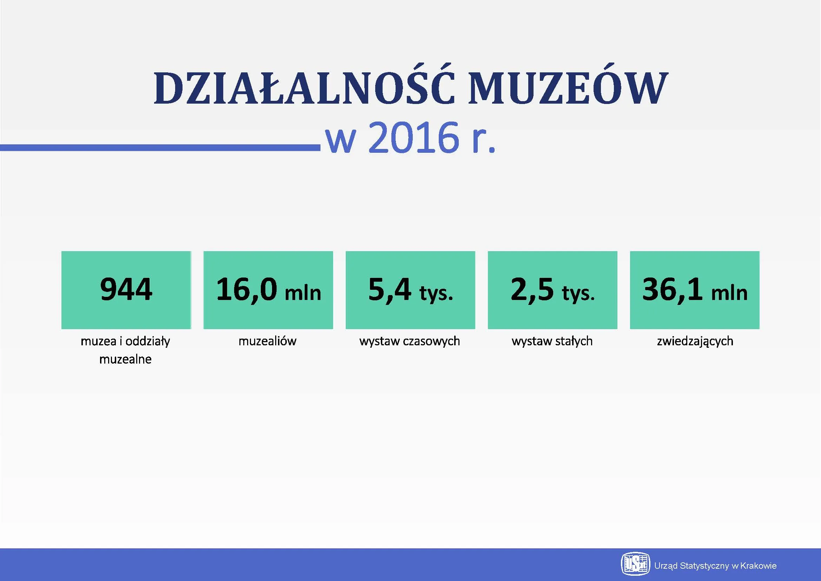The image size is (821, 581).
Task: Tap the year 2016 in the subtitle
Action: (413, 138)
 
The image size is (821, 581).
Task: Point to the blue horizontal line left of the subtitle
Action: (160, 148)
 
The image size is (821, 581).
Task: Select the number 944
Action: (126, 289)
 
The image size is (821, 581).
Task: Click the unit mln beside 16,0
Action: (303, 293)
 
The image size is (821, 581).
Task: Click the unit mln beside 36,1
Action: (729, 293)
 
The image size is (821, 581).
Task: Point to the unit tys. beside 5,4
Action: (436, 294)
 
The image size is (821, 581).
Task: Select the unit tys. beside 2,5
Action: (578, 294)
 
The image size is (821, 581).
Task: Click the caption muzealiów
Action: (267, 341)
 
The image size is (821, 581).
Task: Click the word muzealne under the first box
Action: (126, 359)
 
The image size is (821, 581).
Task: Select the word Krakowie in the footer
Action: (759, 566)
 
